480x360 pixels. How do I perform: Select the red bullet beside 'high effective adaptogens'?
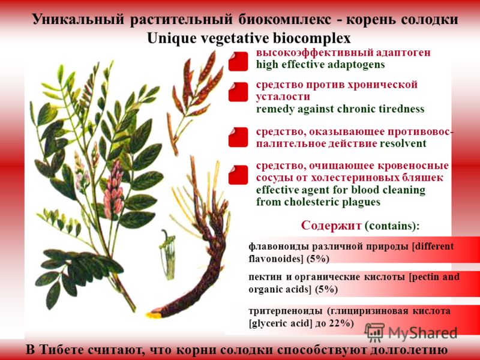(238, 61)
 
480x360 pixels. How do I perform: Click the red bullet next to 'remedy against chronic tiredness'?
(238, 92)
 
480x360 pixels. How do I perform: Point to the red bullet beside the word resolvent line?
(238, 137)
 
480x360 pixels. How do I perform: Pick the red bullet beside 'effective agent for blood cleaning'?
(238, 175)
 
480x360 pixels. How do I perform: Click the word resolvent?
(403, 143)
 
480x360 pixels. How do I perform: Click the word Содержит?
(331, 226)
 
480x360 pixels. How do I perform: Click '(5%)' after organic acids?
(326, 290)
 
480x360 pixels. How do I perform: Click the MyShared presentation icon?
(374, 332)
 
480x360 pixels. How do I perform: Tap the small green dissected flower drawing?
(168, 254)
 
